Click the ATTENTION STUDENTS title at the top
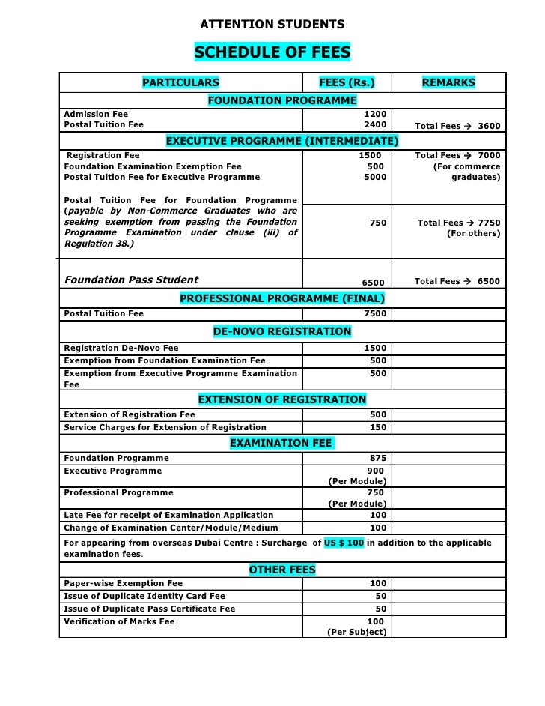coord(272,25)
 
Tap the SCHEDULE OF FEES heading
coord(272,53)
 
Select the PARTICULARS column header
coord(181,82)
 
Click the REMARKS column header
coord(448,82)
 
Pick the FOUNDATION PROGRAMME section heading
coord(282,100)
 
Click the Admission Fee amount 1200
coord(374,114)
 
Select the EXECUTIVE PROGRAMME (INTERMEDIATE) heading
coord(282,142)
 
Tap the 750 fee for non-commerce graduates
coord(378,223)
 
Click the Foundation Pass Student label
coord(132,280)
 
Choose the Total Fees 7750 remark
coord(459,223)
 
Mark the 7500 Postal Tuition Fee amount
coord(374,313)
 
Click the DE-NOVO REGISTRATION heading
coord(282,331)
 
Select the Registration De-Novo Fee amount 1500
coord(374,348)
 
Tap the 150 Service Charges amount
coord(378,427)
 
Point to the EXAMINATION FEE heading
coord(281,444)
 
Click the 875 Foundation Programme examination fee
coord(378,458)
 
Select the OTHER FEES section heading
coord(282,570)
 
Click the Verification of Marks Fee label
coord(119,621)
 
